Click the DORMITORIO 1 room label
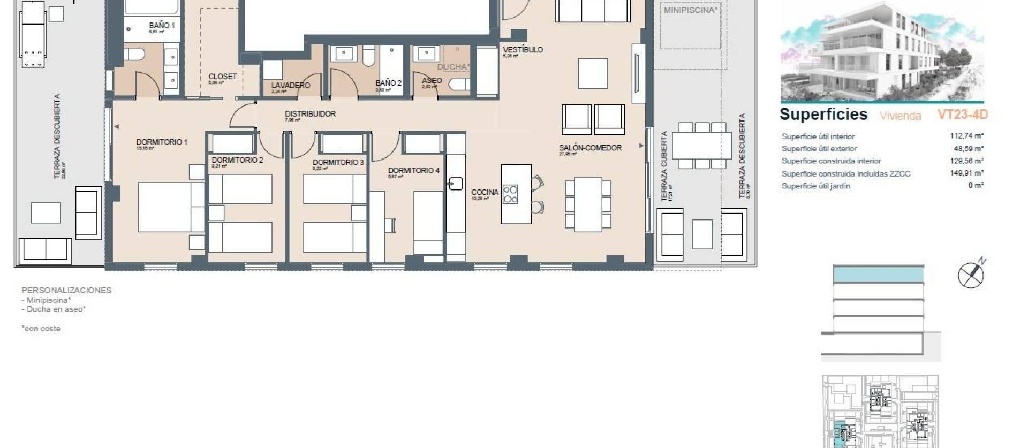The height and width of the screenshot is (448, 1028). point(162,142)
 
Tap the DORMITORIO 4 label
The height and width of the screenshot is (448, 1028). point(413,171)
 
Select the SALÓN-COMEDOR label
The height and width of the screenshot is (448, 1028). point(590,148)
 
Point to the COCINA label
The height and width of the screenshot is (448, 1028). point(485,192)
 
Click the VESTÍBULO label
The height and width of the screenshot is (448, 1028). point(523,50)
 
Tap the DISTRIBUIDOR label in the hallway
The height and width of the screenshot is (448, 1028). point(310,114)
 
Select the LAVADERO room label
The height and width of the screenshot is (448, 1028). point(290,86)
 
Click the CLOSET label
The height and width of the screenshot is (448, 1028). point(222,77)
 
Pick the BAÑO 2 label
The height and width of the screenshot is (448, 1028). point(388,83)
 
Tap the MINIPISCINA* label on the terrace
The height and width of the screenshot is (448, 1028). point(690,10)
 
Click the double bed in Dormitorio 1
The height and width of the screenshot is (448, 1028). point(171,207)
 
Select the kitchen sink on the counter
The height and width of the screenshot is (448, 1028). point(455,184)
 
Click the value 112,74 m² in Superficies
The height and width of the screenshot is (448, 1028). point(966,136)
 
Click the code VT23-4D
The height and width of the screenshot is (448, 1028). point(962,115)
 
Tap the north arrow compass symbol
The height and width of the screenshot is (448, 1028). point(971,275)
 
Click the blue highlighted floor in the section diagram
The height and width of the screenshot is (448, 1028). point(878,275)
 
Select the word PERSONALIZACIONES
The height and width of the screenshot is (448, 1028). point(66,290)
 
